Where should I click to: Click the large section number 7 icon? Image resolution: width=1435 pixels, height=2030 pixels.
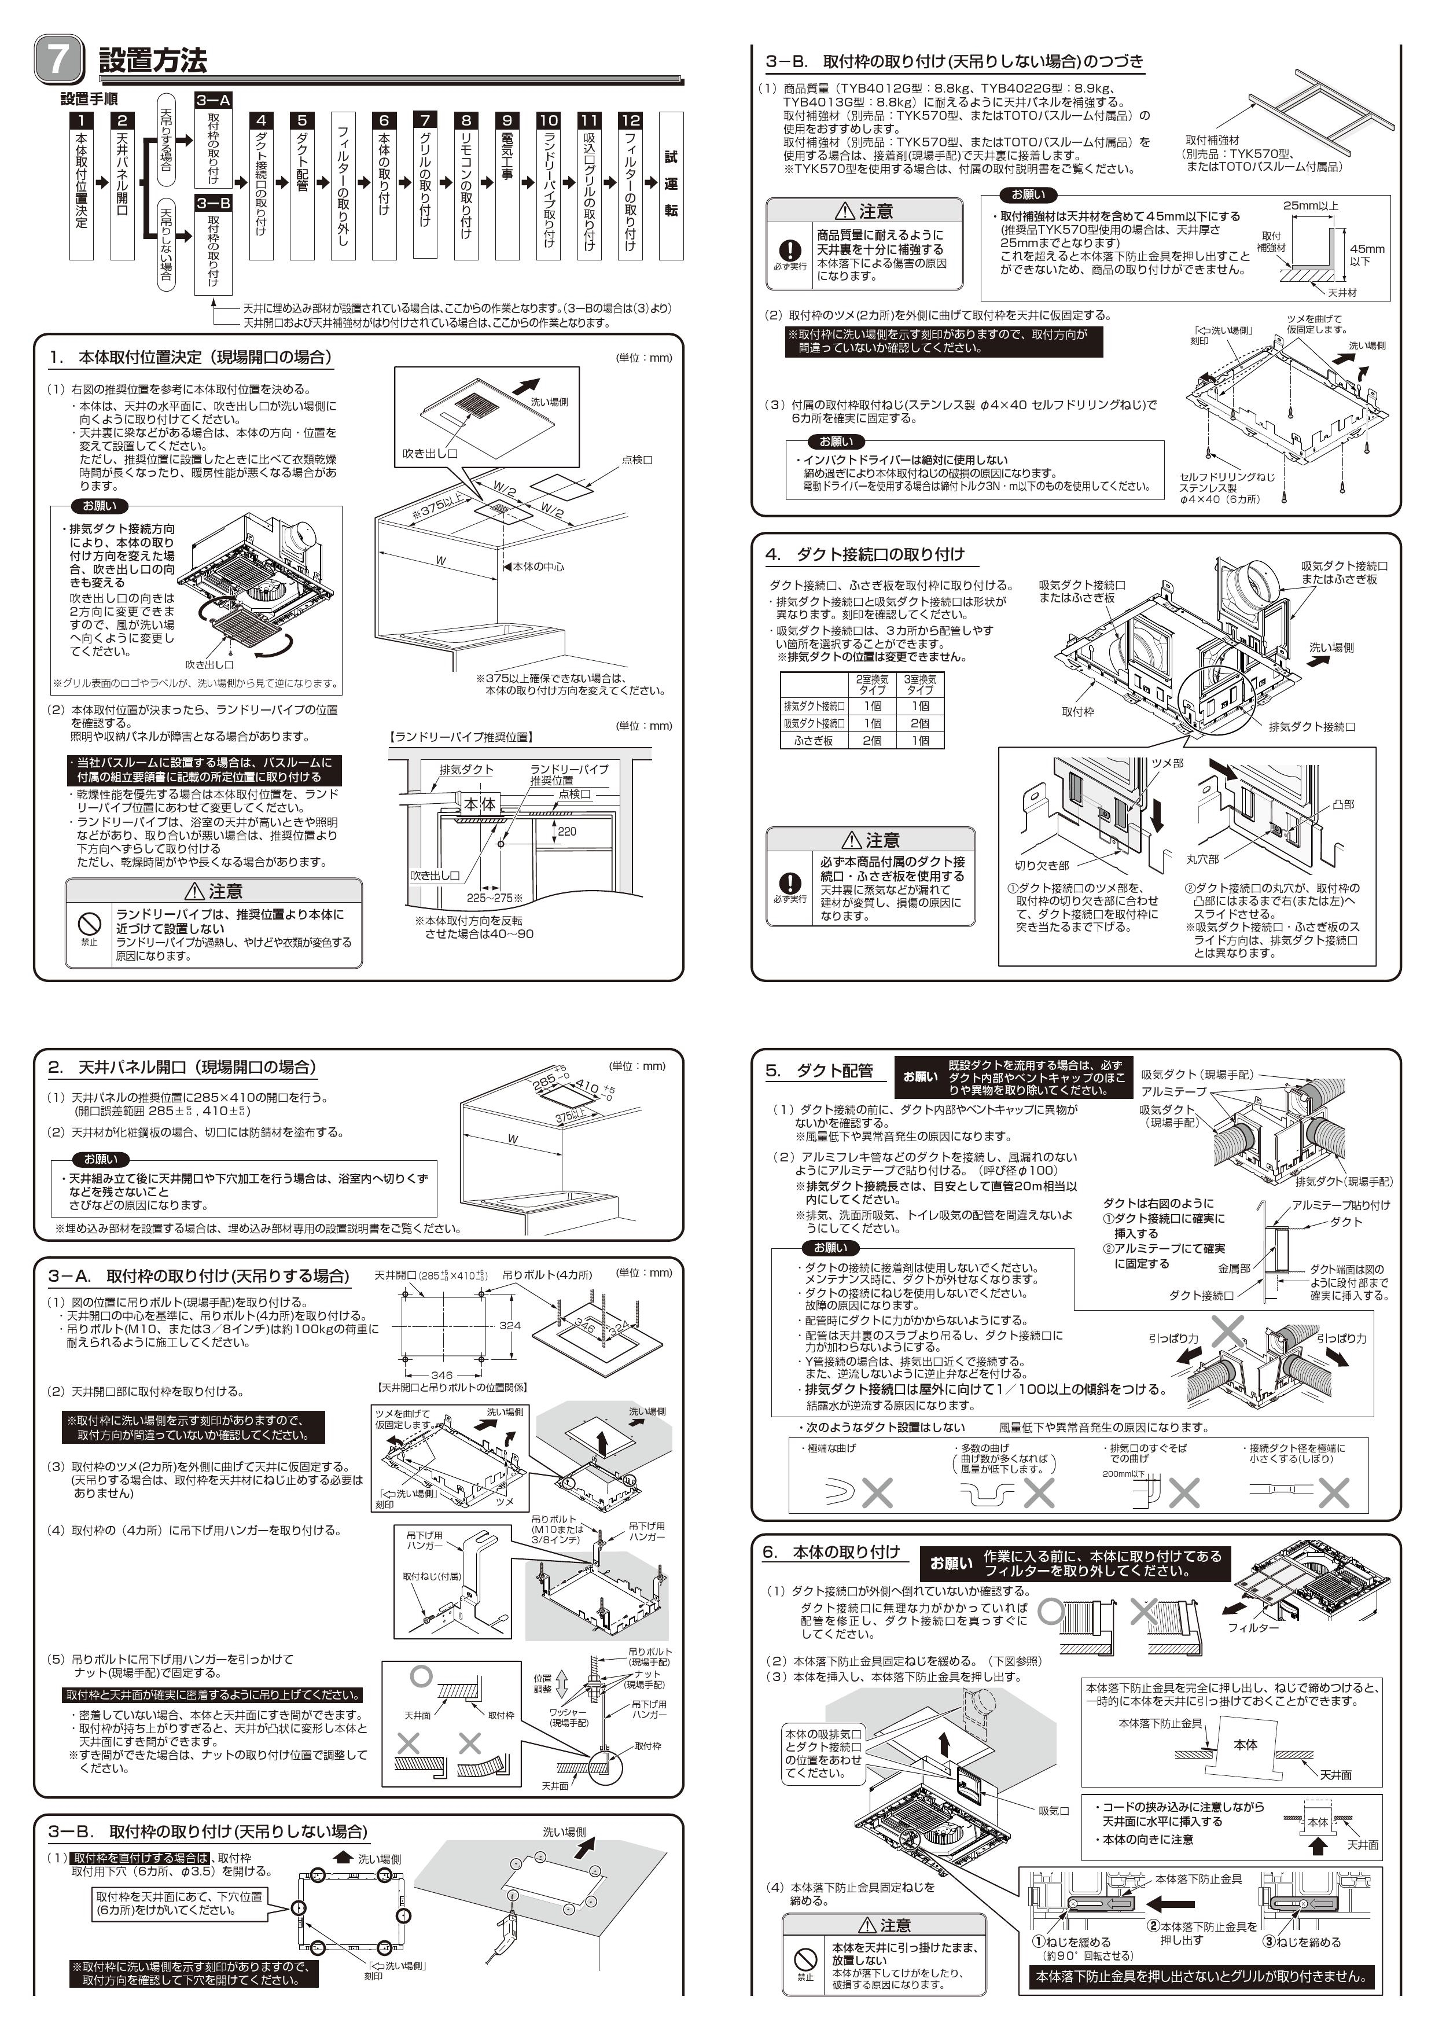click(58, 59)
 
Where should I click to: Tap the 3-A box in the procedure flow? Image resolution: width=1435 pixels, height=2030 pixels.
click(213, 100)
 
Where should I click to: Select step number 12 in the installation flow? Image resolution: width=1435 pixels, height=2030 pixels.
click(630, 120)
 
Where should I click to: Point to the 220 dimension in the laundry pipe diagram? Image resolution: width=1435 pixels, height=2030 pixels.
click(566, 831)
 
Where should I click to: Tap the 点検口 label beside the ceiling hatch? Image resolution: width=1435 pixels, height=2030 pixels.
click(636, 459)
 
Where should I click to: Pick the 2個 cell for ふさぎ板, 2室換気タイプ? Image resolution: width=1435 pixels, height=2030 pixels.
click(872, 740)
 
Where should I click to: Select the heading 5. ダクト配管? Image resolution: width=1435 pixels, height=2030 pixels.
click(819, 1071)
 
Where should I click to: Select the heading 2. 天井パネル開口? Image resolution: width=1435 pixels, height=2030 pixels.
click(182, 1067)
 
